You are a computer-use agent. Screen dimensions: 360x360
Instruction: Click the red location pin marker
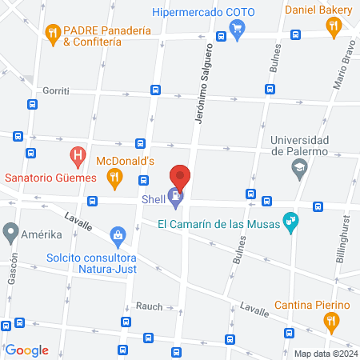click(x=181, y=176)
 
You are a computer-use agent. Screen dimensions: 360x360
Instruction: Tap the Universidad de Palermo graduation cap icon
click(x=298, y=166)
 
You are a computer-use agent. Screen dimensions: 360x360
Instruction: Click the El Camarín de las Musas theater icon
click(x=292, y=224)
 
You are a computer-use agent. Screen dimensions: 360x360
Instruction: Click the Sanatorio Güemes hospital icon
click(x=78, y=154)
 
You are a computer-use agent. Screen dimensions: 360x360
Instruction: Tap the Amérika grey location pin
click(x=10, y=233)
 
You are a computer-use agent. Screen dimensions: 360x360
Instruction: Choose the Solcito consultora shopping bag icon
click(x=118, y=236)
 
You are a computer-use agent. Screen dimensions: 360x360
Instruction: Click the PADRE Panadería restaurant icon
click(x=54, y=33)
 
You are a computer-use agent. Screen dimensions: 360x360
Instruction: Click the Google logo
click(x=27, y=350)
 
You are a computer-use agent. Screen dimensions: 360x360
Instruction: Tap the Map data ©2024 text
click(x=324, y=354)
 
